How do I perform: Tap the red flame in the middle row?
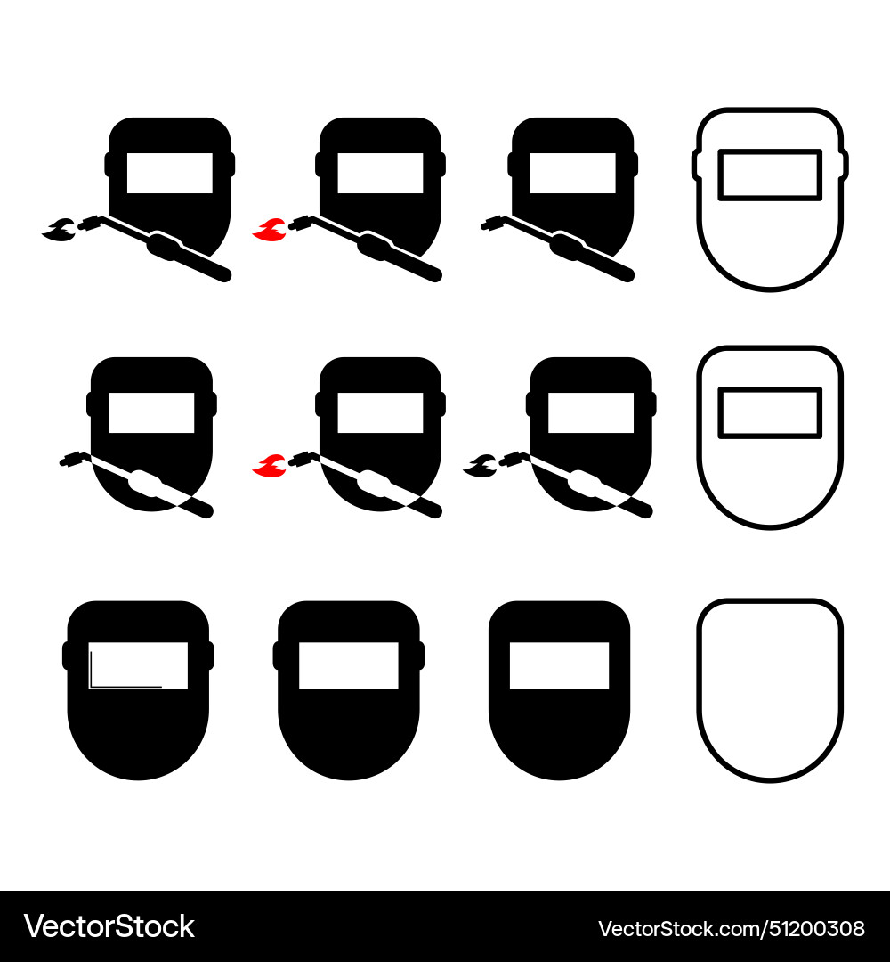266,465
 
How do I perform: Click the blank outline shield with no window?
769,690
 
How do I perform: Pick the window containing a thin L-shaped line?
138,665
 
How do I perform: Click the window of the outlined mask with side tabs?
770,175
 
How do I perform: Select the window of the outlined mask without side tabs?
770,412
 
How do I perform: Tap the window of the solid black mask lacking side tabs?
559,665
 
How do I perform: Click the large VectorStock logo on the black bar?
109,926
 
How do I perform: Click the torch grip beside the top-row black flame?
166,247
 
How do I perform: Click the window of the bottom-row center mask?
348,665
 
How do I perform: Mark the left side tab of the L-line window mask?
66,656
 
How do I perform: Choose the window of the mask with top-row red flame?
380,173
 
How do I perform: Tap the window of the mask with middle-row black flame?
591,412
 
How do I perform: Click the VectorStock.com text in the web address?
676,929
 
